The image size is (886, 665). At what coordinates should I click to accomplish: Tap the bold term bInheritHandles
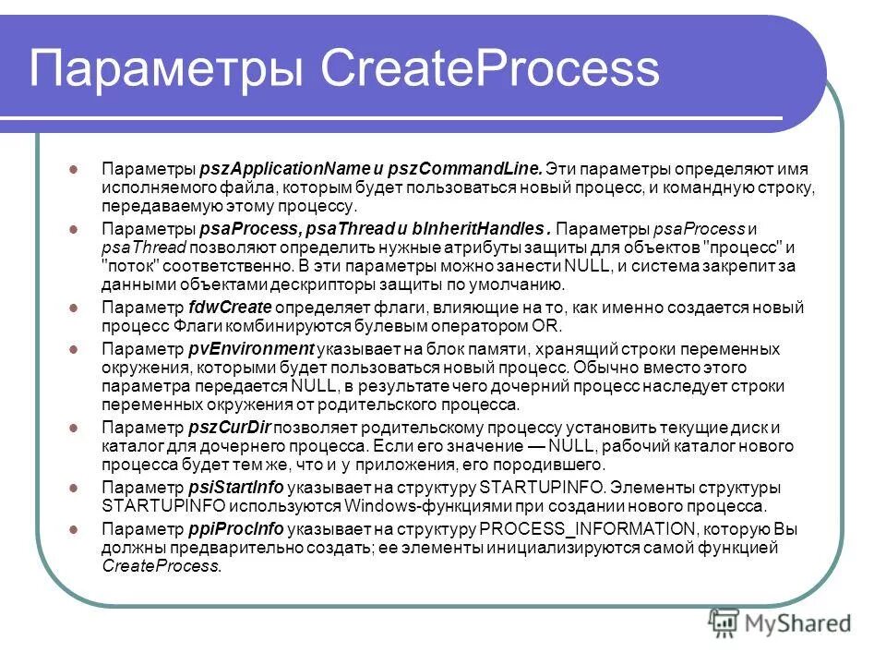pos(486,229)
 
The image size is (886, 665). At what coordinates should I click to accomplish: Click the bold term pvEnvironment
pos(251,348)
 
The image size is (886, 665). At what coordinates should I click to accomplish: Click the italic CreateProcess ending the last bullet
pos(162,567)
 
